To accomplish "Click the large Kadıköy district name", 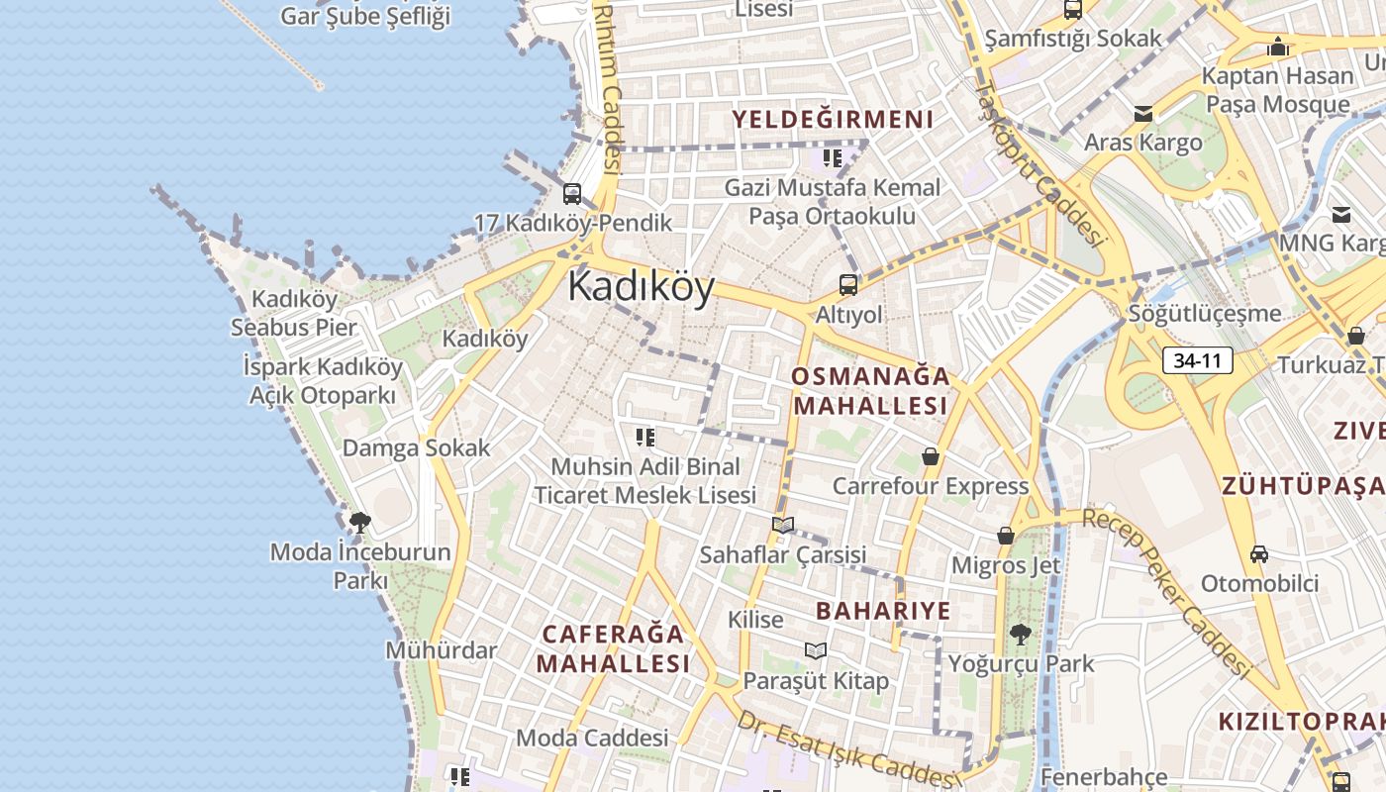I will (641, 287).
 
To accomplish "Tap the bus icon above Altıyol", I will (848, 285).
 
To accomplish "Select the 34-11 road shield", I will (1197, 360).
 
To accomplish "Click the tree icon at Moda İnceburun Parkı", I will (360, 522).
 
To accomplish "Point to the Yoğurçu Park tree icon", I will (1020, 634).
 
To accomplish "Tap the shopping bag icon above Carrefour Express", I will (930, 456).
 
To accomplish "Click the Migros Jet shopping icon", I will (1006, 536).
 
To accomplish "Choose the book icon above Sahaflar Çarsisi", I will (783, 525).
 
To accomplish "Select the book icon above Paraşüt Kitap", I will (816, 650).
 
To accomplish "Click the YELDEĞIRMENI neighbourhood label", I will (833, 120).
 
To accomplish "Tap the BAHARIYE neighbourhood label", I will (883, 611).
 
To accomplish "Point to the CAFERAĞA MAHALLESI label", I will (614, 648).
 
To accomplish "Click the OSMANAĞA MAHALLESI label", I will (870, 391).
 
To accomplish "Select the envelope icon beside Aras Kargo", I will (1143, 114).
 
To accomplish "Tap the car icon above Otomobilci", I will (1259, 554).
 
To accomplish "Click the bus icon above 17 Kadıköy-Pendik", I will (572, 194).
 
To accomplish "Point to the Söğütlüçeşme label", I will (1205, 314).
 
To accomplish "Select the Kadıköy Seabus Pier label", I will (294, 313).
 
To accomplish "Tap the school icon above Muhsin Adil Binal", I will (645, 437).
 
